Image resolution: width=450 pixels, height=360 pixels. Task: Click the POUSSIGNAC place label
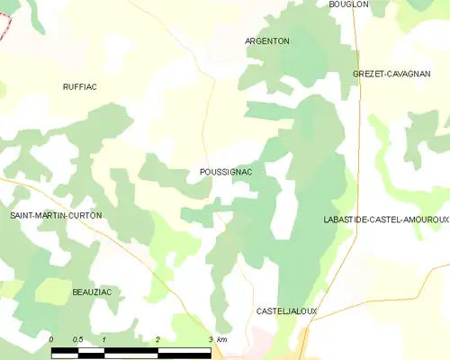pyautogui.click(x=214, y=171)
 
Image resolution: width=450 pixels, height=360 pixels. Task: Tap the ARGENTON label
pyautogui.click(x=267, y=41)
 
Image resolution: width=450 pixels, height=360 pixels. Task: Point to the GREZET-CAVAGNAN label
pyautogui.click(x=391, y=74)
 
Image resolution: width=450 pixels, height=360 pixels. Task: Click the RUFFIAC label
pyautogui.click(x=79, y=86)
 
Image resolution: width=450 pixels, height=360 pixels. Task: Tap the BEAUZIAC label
pyautogui.click(x=90, y=293)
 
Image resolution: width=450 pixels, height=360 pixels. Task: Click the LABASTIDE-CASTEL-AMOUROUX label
pyautogui.click(x=386, y=220)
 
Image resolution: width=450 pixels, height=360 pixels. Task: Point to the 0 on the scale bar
pyautogui.click(x=51, y=339)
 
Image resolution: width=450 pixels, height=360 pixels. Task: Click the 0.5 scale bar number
pyautogui.click(x=77, y=339)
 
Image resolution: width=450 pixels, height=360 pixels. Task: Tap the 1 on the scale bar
pyautogui.click(x=104, y=339)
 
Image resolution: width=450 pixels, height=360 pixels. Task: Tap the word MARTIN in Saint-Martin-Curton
pyautogui.click(x=55, y=216)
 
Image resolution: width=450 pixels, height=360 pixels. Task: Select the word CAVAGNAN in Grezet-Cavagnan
pyautogui.click(x=410, y=74)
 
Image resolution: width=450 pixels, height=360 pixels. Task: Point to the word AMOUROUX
pyautogui.click(x=427, y=220)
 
